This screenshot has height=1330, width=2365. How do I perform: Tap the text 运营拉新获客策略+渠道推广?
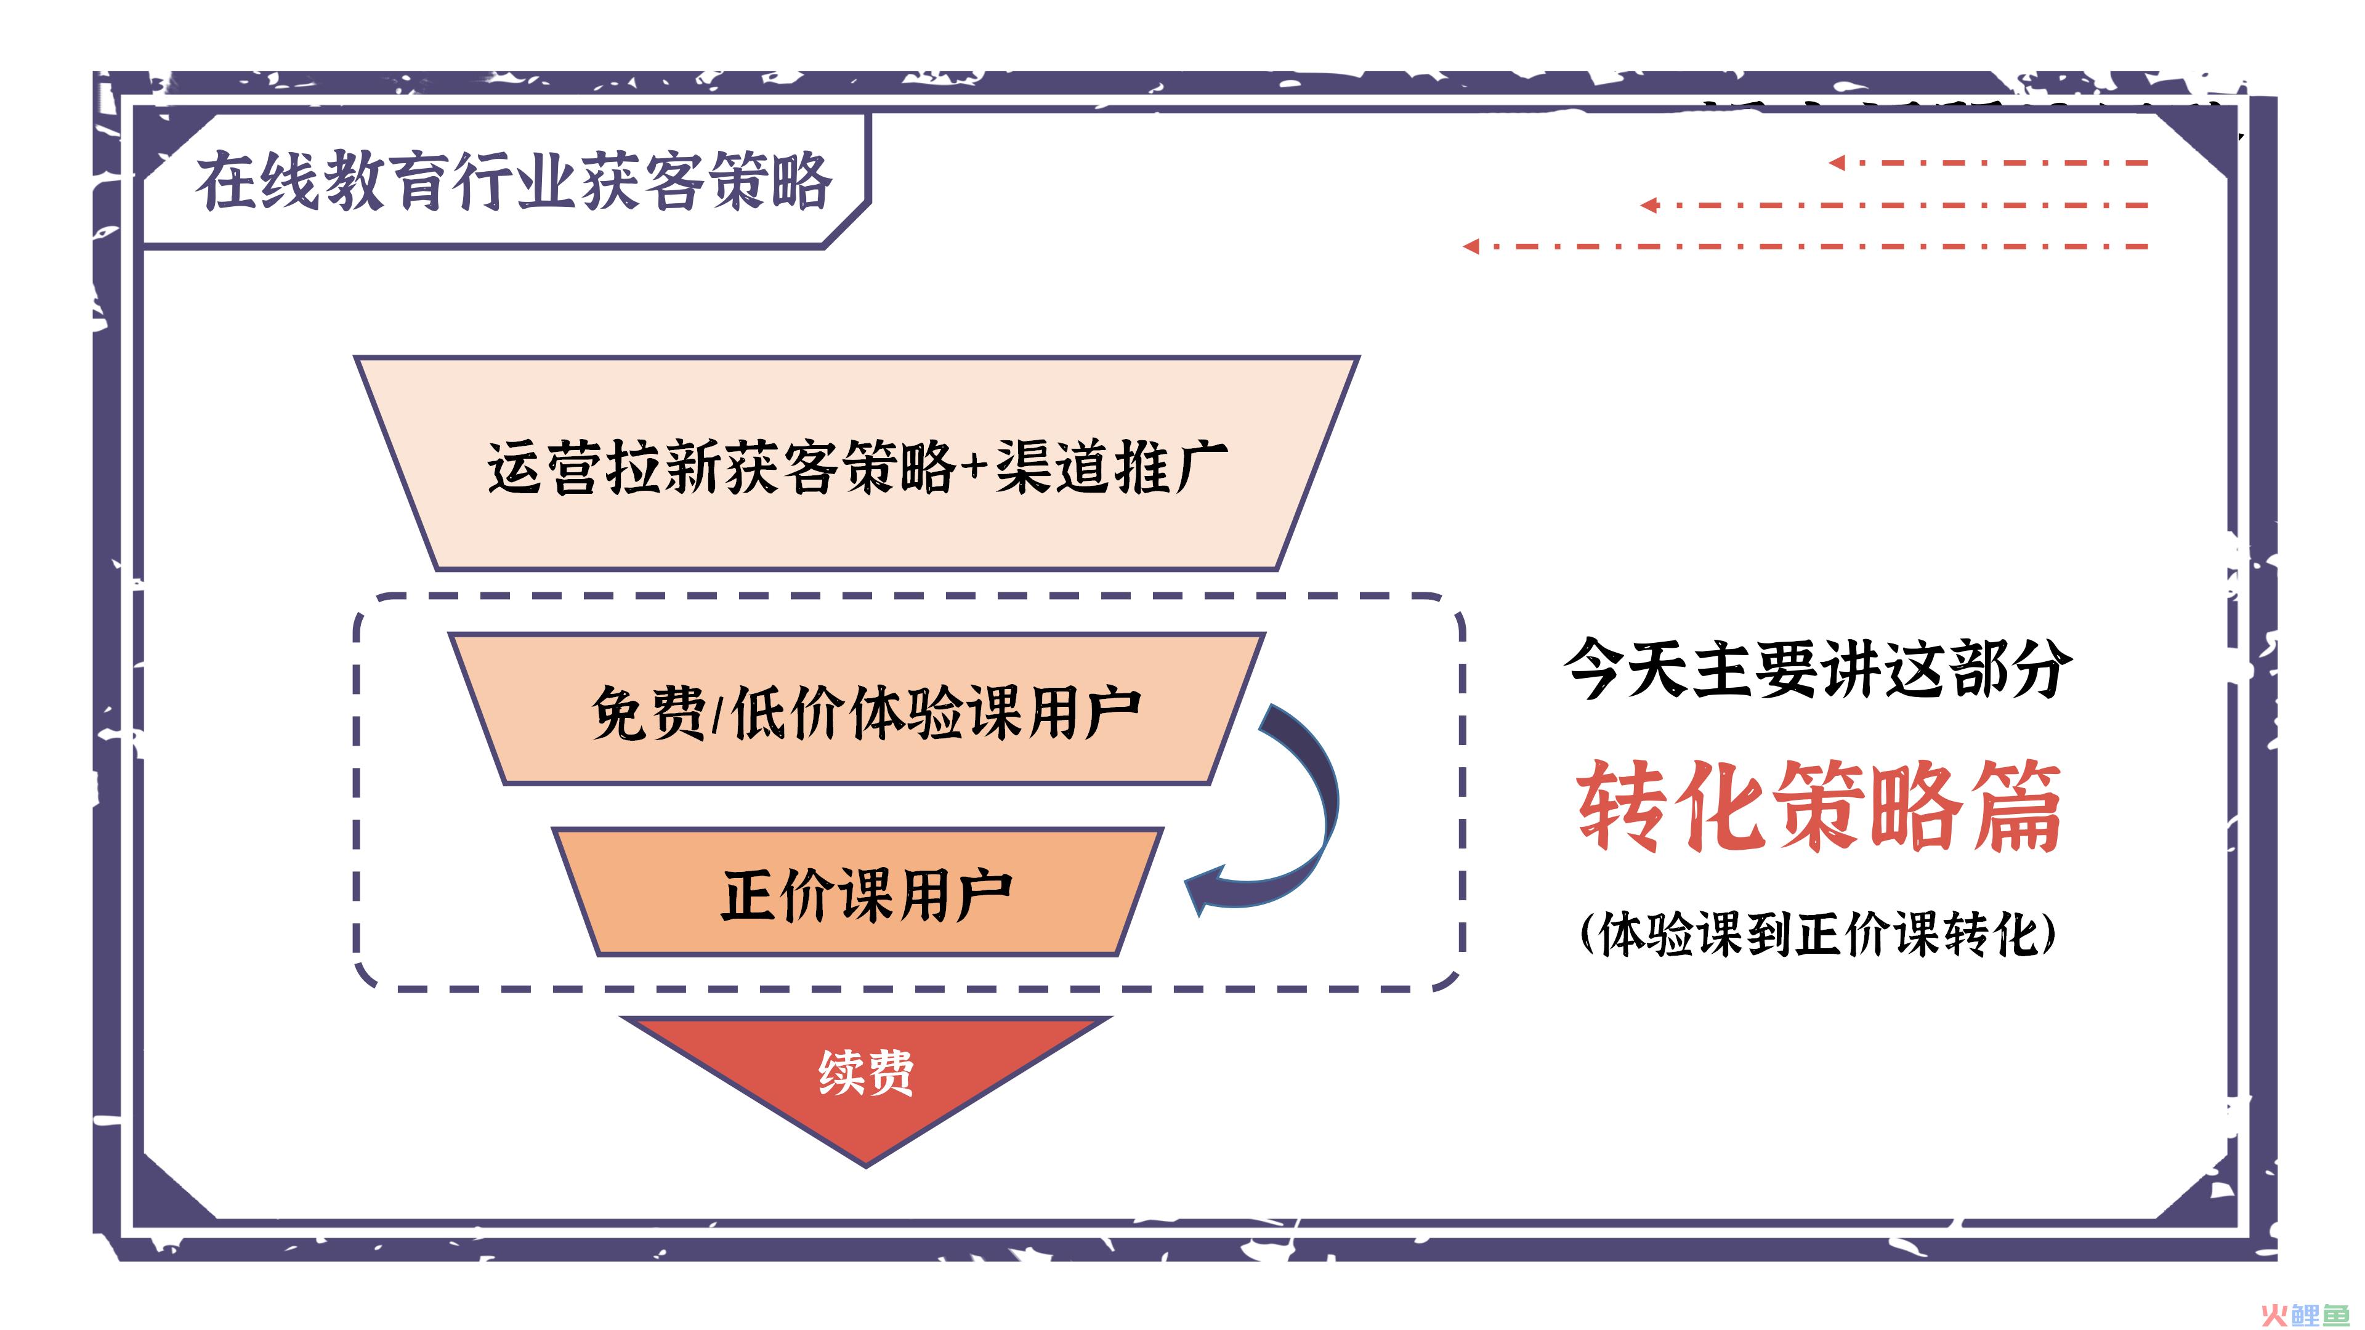click(857, 467)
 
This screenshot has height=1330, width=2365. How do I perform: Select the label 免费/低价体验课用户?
click(867, 713)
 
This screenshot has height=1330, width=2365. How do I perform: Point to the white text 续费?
click(866, 1071)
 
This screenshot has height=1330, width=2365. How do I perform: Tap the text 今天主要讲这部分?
click(1819, 668)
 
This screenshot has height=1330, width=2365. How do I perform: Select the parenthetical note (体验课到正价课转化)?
click(1818, 935)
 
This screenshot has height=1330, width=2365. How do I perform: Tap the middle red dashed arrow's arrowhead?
click(1649, 204)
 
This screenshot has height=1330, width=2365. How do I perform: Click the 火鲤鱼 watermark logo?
click(2306, 1315)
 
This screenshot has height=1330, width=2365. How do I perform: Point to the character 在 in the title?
click(226, 181)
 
